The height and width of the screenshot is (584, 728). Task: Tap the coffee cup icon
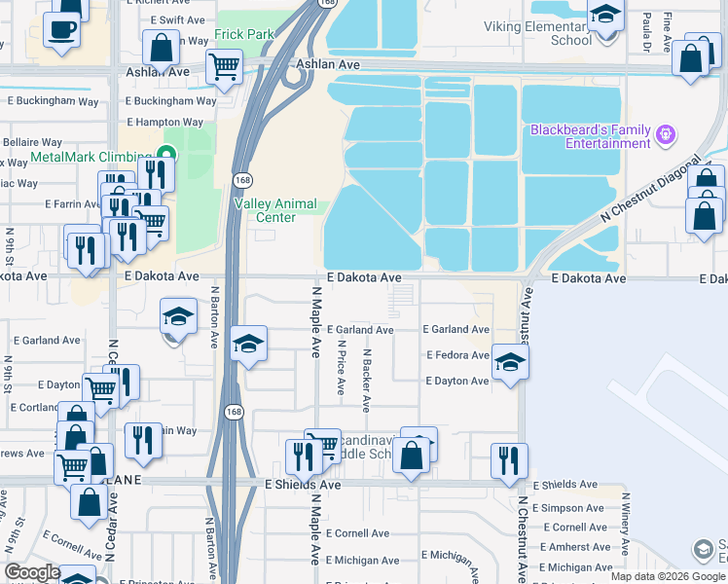pos(62,29)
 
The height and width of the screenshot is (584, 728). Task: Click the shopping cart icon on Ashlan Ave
pos(224,67)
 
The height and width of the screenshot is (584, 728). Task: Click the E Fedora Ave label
pos(456,355)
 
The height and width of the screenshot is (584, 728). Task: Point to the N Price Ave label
pos(341,366)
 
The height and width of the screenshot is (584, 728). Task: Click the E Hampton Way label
pos(164,123)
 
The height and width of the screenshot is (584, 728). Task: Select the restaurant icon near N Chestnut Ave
pos(509,460)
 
